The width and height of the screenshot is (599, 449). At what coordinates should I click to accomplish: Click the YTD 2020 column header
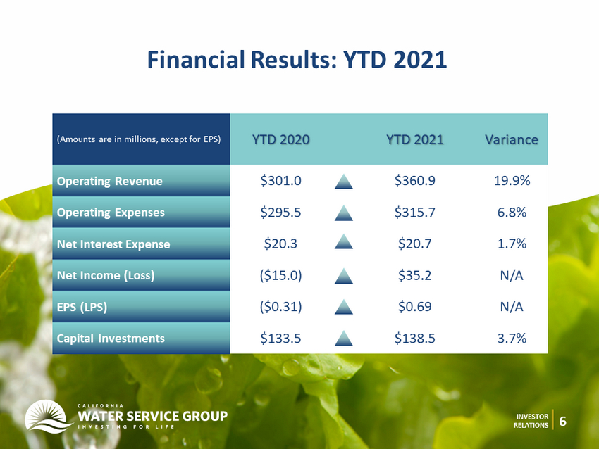(x=280, y=139)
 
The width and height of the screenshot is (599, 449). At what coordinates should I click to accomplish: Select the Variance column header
(x=512, y=139)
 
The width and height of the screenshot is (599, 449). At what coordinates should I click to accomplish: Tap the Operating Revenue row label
(x=110, y=181)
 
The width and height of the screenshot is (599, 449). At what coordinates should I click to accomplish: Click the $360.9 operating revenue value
(x=415, y=180)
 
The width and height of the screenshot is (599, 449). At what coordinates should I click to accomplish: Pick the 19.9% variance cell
(x=512, y=180)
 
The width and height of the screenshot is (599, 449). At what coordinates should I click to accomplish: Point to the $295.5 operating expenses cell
(x=280, y=212)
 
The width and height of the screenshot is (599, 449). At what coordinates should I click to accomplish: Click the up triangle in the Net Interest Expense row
(x=343, y=241)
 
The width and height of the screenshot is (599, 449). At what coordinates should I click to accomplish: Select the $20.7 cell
(x=415, y=244)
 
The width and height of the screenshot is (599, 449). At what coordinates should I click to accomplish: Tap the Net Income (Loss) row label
(x=106, y=275)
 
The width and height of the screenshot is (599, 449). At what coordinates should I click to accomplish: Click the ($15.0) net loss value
(x=280, y=275)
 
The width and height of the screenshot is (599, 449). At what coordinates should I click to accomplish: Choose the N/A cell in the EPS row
(x=512, y=307)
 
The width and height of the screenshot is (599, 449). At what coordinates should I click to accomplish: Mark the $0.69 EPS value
(x=415, y=306)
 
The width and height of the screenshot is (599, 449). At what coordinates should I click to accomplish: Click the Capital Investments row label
(x=111, y=339)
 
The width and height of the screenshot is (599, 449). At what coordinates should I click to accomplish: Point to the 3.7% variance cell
(x=512, y=338)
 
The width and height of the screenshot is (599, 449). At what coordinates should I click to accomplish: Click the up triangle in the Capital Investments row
(x=343, y=339)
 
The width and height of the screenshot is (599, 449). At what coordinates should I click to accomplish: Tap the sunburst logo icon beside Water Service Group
(x=48, y=417)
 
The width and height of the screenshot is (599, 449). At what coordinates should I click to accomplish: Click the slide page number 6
(x=563, y=421)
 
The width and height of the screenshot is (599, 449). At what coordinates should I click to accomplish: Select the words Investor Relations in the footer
(x=531, y=421)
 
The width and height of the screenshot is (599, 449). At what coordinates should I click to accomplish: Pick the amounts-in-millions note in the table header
(x=139, y=139)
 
